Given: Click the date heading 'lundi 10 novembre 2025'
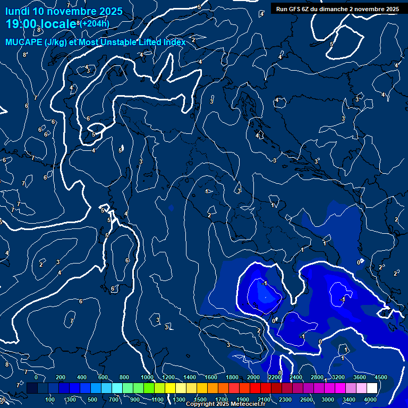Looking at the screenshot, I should (64, 11).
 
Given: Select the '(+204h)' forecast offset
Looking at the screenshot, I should (95, 23).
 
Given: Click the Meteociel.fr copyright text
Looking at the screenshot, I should (226, 404).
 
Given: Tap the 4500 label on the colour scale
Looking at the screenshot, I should (381, 377).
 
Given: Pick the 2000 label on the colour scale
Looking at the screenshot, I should (253, 377).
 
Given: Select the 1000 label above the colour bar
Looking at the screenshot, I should (147, 377).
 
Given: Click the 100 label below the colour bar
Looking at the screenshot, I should (50, 399).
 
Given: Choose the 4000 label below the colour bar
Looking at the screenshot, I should (370, 399).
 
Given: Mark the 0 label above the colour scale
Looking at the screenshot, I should (36, 377).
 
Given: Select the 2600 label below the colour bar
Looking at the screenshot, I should (307, 399).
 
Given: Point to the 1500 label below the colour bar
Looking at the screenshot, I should (200, 399).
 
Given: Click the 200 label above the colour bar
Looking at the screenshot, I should (61, 377).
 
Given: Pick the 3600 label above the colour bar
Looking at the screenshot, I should (360, 377).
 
